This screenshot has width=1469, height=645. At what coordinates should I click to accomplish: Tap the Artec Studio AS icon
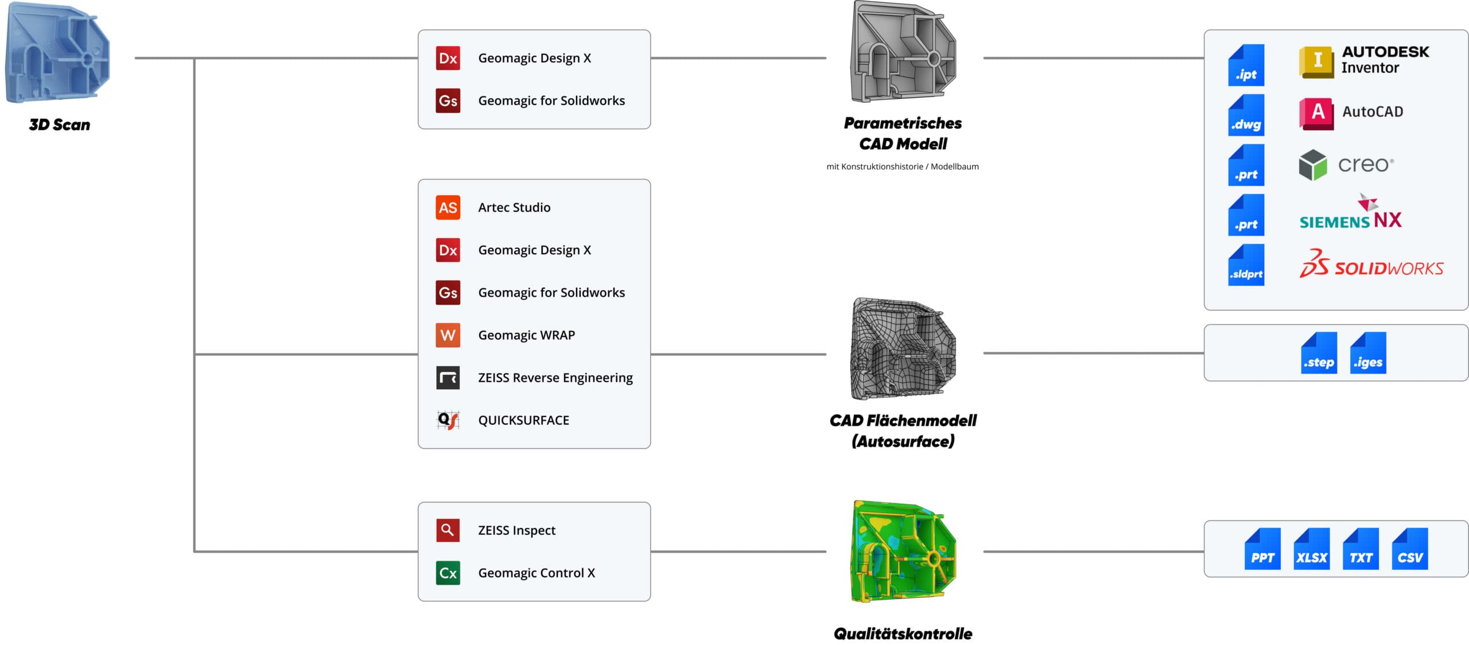click(x=448, y=207)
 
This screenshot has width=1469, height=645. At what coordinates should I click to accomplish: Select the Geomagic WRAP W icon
click(x=448, y=335)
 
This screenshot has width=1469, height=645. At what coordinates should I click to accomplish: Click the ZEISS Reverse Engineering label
click(x=555, y=378)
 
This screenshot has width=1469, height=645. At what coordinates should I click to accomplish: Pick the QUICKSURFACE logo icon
click(x=448, y=420)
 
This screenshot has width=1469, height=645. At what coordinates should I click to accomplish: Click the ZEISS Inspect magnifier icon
click(x=448, y=530)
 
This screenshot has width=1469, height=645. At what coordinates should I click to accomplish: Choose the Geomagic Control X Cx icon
click(x=448, y=573)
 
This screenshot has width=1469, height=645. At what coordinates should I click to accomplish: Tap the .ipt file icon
click(x=1246, y=65)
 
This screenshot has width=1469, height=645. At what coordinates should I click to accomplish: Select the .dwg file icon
click(x=1246, y=115)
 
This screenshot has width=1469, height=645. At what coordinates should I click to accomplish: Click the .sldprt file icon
click(x=1246, y=265)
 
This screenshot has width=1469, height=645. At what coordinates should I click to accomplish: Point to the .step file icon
click(x=1319, y=353)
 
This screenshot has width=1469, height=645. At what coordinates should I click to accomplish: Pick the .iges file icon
click(x=1368, y=353)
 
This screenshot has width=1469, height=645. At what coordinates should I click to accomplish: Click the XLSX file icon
click(x=1311, y=549)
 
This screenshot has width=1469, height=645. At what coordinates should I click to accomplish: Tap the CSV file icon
click(x=1410, y=549)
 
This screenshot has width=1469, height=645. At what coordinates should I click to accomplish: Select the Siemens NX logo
click(x=1350, y=213)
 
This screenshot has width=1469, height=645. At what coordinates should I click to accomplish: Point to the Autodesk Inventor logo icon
click(x=1318, y=61)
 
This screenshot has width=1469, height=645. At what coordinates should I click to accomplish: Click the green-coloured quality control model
click(x=903, y=551)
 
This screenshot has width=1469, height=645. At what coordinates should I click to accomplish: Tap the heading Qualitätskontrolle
click(x=903, y=634)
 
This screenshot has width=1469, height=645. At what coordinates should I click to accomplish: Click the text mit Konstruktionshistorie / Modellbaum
click(x=903, y=166)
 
